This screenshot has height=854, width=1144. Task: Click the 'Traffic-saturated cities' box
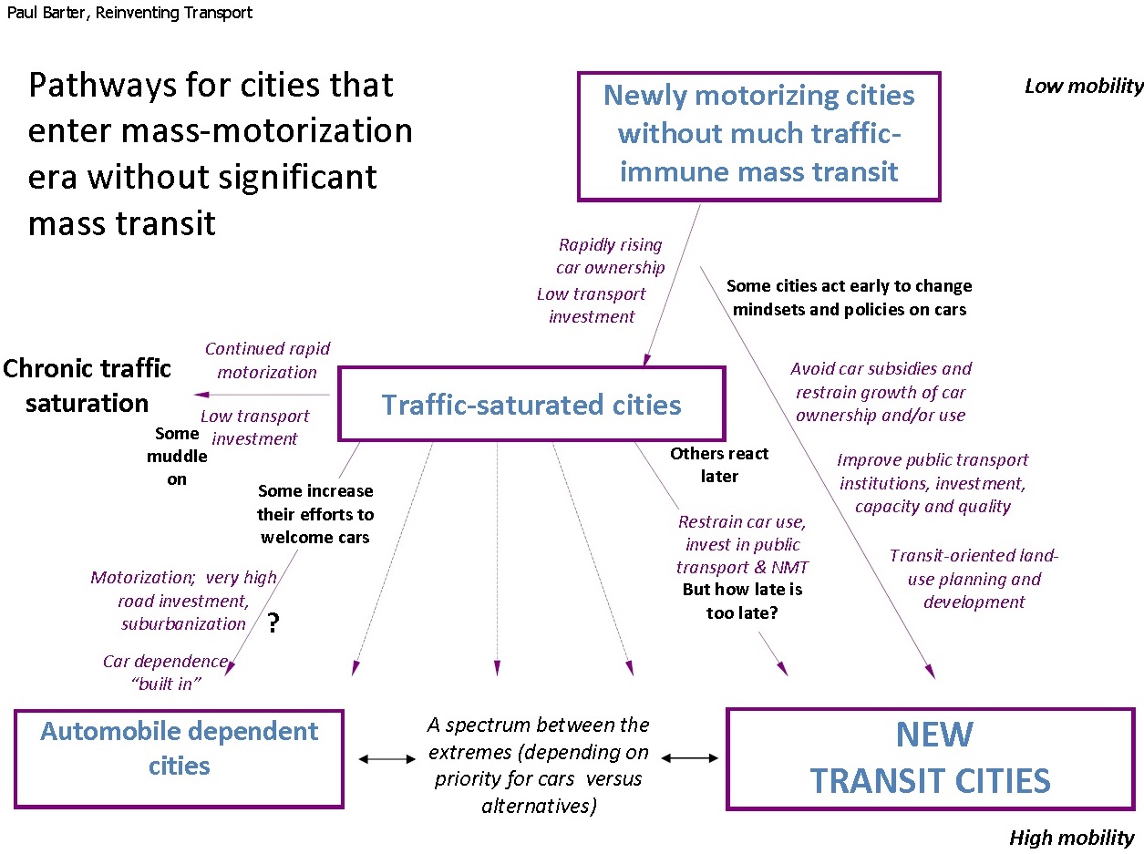click(531, 404)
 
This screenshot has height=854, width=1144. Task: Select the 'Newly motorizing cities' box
click(758, 135)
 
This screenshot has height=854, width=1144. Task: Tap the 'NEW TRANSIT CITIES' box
click(930, 758)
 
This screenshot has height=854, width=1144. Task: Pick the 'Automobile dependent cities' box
click(179, 758)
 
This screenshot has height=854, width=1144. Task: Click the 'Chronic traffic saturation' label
click(87, 386)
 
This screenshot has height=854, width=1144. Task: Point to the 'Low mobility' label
click(1083, 87)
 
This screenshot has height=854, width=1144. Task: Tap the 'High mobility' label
click(1071, 838)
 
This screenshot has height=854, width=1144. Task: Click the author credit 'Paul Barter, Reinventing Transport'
click(129, 13)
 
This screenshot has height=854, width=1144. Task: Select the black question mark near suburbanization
click(272, 624)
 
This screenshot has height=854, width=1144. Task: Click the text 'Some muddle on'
click(177, 456)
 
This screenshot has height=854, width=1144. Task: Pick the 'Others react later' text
click(719, 465)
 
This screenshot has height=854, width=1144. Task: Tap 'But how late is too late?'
click(742, 602)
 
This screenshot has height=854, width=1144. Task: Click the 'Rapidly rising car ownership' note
click(610, 256)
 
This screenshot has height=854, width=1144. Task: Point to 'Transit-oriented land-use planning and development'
click(974, 579)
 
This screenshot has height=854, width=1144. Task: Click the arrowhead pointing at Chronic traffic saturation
click(200, 395)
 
